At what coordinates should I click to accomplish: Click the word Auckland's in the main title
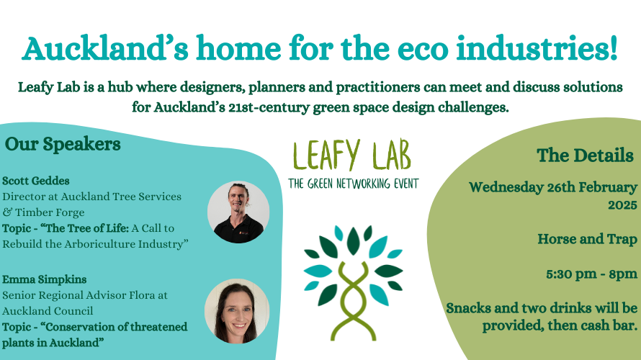(105, 49)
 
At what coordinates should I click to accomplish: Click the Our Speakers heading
(63, 144)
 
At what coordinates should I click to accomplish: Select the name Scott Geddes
(36, 181)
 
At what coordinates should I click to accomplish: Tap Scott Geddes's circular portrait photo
(238, 212)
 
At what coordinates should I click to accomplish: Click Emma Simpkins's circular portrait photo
(237, 311)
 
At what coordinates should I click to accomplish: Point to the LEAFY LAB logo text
(352, 155)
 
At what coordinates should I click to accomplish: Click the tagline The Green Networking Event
(353, 184)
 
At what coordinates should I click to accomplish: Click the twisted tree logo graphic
(353, 283)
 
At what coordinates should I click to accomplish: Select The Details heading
(585, 156)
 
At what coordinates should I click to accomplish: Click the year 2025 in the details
(622, 204)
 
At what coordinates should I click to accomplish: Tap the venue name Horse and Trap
(588, 238)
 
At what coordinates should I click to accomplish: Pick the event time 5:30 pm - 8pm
(592, 274)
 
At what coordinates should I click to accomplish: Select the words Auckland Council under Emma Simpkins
(48, 311)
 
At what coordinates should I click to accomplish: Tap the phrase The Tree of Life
(87, 228)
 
